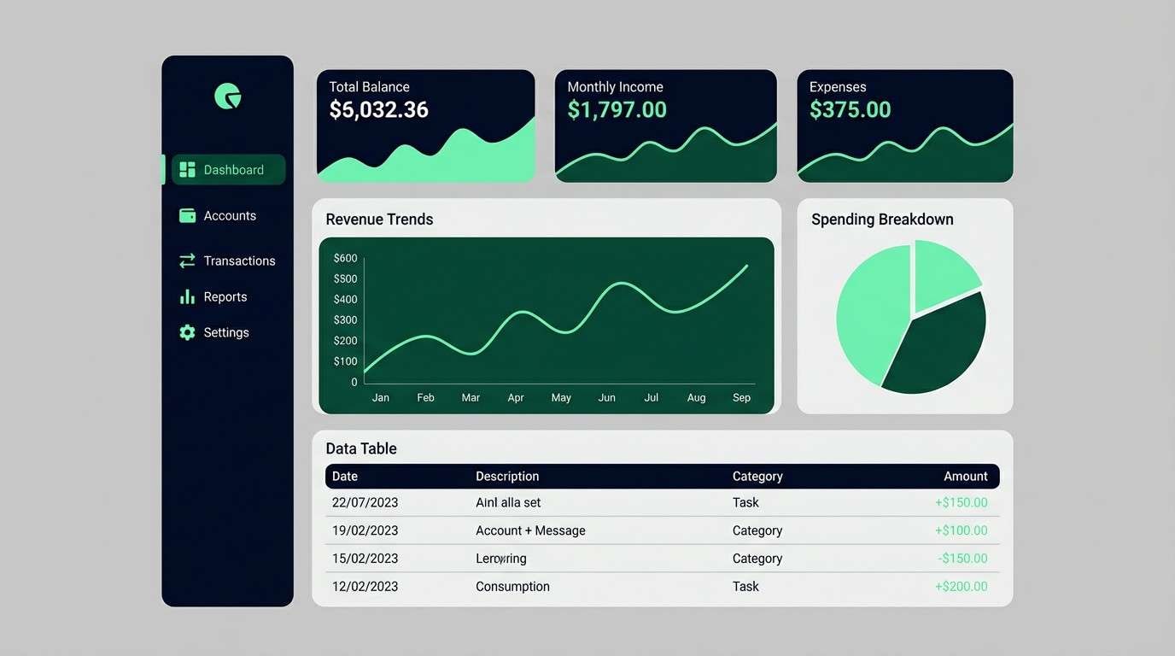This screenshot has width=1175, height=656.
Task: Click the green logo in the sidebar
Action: pos(228,97)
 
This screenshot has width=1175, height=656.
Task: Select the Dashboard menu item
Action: pos(229,170)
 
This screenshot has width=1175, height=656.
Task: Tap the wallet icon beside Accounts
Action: pos(187,216)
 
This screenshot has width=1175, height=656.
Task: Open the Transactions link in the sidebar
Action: pos(239,261)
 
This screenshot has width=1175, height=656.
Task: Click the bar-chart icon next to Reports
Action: pos(187,297)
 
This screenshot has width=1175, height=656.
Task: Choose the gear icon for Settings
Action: pos(187,333)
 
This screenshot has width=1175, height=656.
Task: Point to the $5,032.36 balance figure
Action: pos(378,110)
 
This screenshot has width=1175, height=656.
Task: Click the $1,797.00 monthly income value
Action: pos(617,110)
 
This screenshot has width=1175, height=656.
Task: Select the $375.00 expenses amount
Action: pos(850,110)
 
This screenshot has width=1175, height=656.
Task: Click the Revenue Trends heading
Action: pos(379,220)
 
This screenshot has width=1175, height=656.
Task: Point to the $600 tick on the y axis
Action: pos(346,258)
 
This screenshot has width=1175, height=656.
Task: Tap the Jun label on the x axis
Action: pos(606,398)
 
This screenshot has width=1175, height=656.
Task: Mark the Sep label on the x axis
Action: pos(741,398)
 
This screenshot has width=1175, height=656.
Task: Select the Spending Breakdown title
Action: pos(882,220)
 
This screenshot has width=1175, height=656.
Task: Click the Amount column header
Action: pos(965,477)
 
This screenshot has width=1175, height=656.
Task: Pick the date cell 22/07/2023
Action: pos(365,503)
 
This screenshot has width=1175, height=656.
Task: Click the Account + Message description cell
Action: pos(530,531)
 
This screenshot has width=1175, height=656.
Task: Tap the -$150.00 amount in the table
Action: pos(962,559)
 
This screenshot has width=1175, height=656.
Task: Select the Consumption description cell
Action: pos(512,587)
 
